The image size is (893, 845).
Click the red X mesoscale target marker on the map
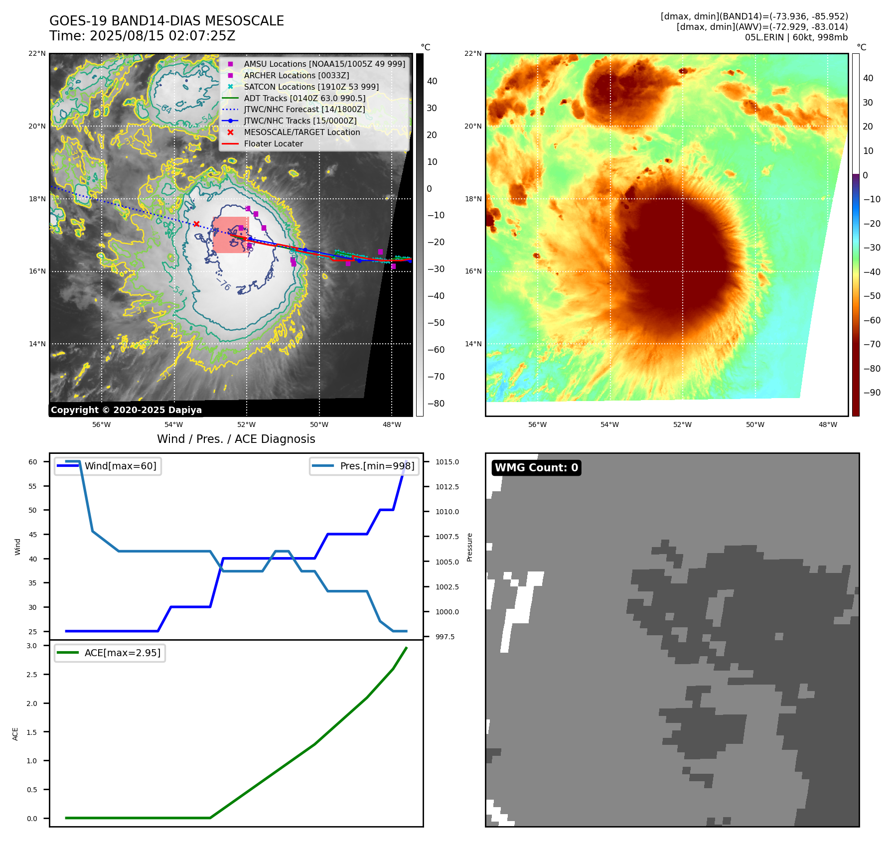click(196, 224)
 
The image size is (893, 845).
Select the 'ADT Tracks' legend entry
click(304, 98)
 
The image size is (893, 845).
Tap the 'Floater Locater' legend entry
click(273, 143)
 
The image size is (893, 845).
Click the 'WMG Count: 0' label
click(536, 467)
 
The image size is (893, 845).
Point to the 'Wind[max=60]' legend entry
click(120, 466)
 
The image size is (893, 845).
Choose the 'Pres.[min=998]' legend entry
click(377, 466)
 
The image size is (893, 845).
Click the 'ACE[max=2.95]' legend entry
click(122, 653)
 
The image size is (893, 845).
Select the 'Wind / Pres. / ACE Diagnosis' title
click(236, 439)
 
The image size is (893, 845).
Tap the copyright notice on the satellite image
click(126, 410)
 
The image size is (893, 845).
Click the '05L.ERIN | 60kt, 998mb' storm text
click(796, 37)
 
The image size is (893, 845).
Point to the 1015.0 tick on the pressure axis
click(447, 462)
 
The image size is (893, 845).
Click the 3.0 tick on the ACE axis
click(32, 646)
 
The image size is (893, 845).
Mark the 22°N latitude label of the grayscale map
click(37, 54)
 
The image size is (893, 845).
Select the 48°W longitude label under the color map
click(828, 424)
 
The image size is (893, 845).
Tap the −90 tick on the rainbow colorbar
click(872, 393)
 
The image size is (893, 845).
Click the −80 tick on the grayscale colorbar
click(436, 404)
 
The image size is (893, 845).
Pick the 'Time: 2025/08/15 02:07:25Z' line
click(142, 36)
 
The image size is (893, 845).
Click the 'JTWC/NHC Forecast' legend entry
click(304, 109)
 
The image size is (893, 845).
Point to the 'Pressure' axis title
click(469, 547)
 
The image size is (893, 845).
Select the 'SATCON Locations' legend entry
click(311, 87)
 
